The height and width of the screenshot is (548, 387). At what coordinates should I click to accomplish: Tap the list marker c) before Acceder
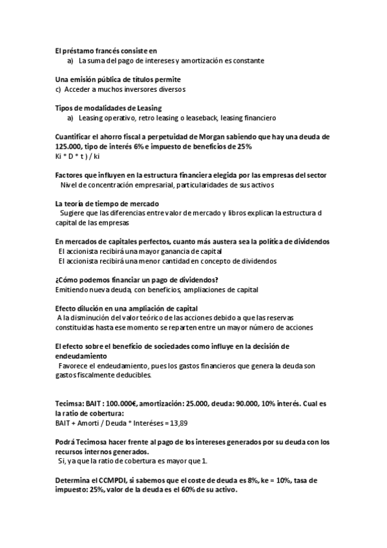(58, 89)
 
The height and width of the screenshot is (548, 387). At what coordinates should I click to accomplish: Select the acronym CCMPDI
(110, 481)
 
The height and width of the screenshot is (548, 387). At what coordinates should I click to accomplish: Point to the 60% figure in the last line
(189, 490)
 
